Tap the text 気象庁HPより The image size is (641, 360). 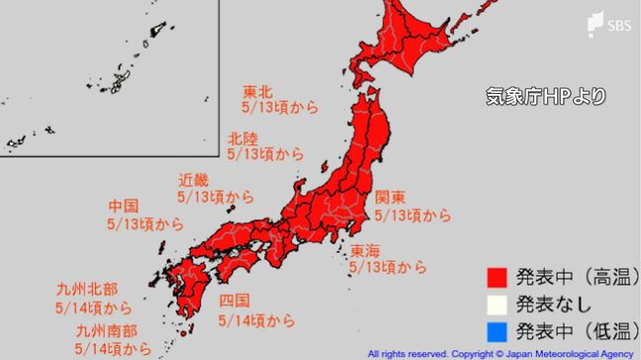coord(544,97)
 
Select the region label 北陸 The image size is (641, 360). coord(242,137)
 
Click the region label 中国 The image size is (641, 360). coord(124,207)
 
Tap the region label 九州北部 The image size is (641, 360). coord(88,290)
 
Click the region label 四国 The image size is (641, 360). coord(232,301)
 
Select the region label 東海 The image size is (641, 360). coord(365,250)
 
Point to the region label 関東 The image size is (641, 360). coord(390,196)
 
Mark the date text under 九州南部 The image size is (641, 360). coord(114,349)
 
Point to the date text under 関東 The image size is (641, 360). coord(412,215)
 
